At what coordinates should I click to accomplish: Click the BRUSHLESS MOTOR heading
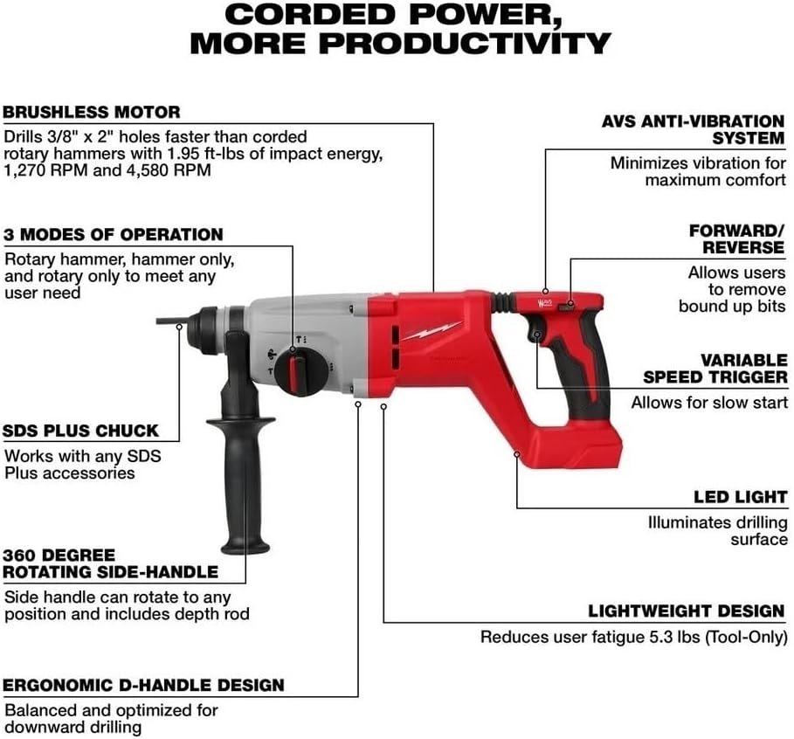coord(91,113)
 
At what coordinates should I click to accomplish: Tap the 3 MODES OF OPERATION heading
coord(113,235)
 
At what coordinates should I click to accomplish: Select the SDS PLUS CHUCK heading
coord(80,431)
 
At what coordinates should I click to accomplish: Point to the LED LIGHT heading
coord(741,497)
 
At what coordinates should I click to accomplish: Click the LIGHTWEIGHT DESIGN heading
coord(686,611)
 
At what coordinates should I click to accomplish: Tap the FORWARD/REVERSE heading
coord(737,238)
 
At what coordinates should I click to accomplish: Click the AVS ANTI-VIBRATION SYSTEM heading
coord(693,129)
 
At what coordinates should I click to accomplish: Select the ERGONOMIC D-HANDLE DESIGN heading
coord(143,685)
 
